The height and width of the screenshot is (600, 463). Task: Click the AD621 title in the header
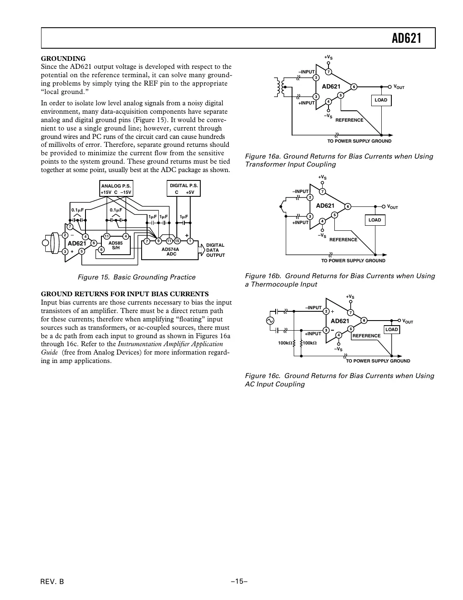(x=406, y=39)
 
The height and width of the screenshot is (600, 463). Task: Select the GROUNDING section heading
(x=63, y=58)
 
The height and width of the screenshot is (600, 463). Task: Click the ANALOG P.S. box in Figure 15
(x=116, y=189)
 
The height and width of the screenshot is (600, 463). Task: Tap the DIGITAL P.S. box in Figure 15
(x=184, y=189)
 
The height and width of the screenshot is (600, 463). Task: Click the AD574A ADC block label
(x=171, y=252)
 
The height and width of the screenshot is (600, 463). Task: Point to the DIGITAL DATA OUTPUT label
(x=215, y=250)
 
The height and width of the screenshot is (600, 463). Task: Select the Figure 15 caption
(x=137, y=277)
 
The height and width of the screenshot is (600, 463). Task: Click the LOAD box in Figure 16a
(x=381, y=100)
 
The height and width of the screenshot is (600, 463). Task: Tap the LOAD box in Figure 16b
(x=375, y=220)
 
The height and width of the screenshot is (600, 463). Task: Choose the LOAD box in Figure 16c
(x=391, y=329)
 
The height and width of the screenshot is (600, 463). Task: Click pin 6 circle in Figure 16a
(x=354, y=87)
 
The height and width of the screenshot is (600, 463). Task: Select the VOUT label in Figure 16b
(x=393, y=207)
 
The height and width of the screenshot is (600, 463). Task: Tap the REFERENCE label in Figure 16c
(x=366, y=336)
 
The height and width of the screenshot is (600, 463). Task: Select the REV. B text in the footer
(x=52, y=581)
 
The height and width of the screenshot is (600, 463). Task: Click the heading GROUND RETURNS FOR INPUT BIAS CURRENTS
(x=124, y=294)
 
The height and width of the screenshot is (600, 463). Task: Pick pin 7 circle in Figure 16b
(x=322, y=192)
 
